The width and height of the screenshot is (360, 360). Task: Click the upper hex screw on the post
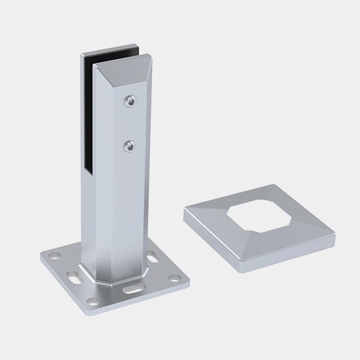(130, 101)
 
